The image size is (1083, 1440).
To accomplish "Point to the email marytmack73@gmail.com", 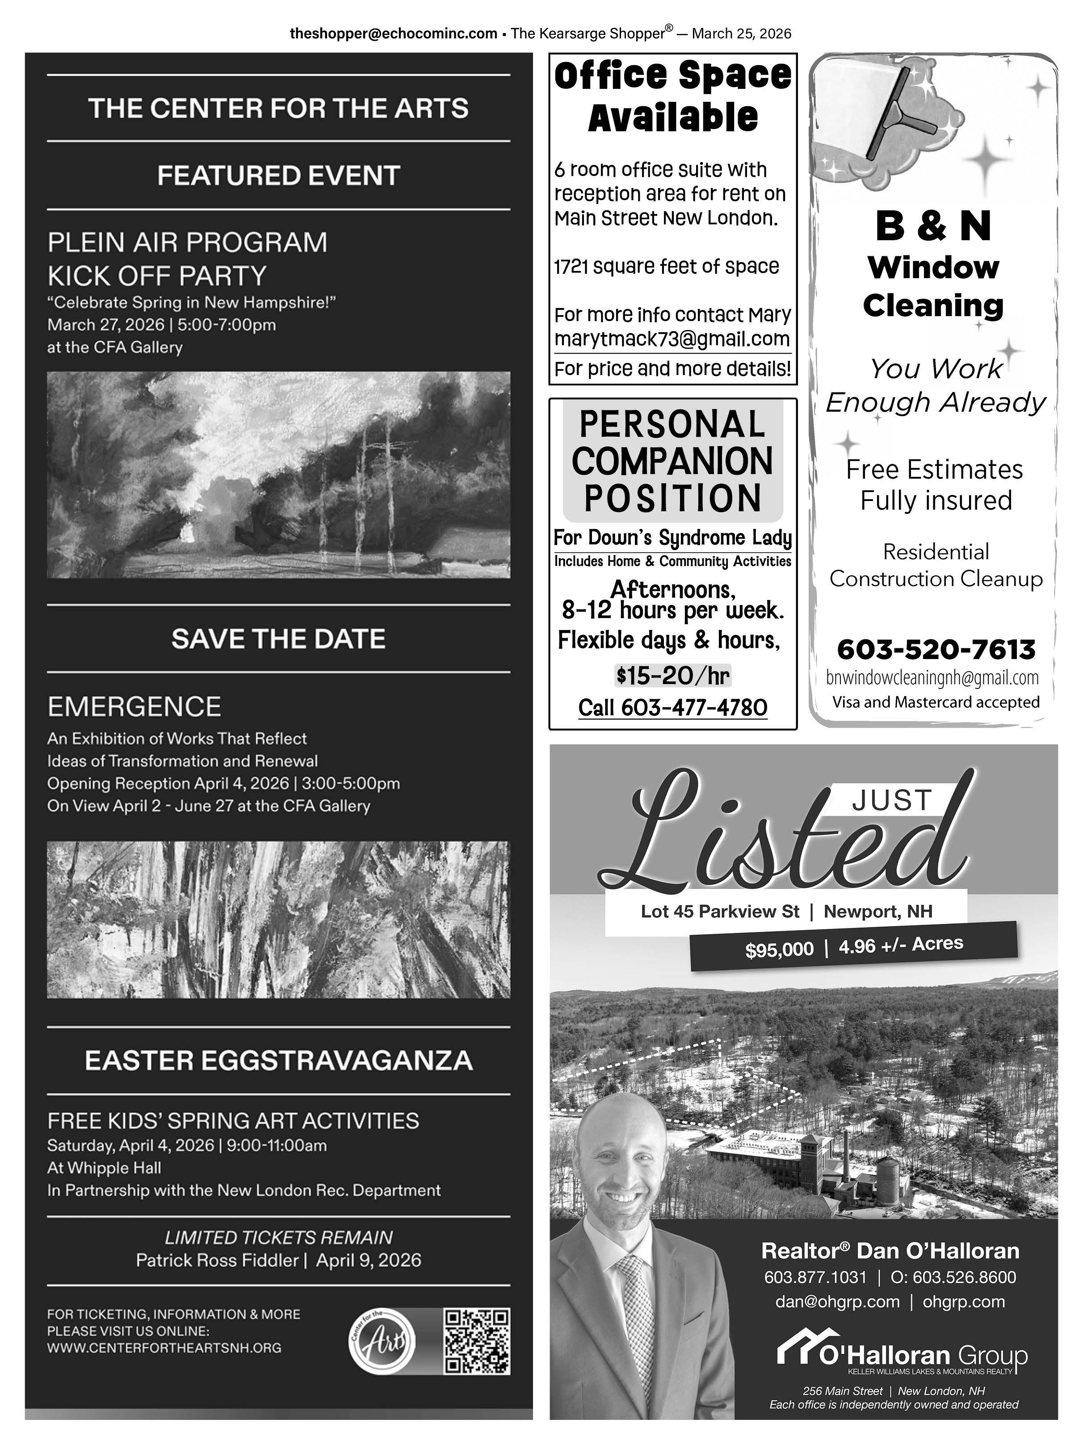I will pyautogui.click(x=672, y=339).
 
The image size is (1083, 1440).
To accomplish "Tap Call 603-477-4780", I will pyautogui.click(x=673, y=708).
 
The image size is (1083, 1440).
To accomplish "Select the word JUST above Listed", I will pyautogui.click(x=891, y=801).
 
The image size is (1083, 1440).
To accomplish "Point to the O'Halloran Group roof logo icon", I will pyautogui.click(x=798, y=1352).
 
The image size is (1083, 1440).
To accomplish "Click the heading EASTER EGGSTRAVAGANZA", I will pyautogui.click(x=279, y=1060).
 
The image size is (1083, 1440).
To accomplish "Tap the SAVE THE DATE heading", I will pyautogui.click(x=279, y=639).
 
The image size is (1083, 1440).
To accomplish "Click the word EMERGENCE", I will pyautogui.click(x=134, y=706).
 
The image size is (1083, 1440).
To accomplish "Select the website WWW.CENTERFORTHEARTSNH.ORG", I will pyautogui.click(x=164, y=1348).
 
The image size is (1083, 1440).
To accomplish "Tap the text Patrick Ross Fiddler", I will pyautogui.click(x=217, y=1261).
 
